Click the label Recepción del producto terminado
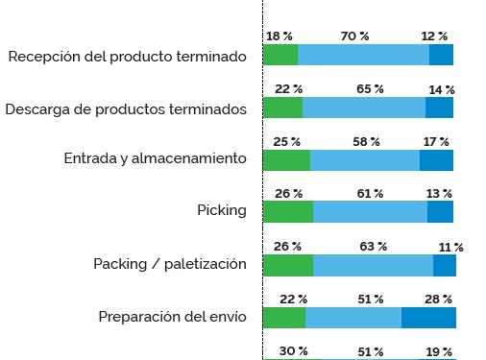click(x=127, y=57)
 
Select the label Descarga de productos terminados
click(x=127, y=108)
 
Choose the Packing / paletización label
click(x=170, y=263)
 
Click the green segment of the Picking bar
click(x=287, y=211)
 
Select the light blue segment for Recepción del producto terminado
click(x=363, y=55)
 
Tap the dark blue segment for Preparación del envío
click(x=428, y=317)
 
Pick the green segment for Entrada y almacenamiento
click(x=286, y=159)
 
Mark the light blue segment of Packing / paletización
click(x=373, y=264)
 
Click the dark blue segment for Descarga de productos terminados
click(x=439, y=108)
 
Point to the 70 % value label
click(x=354, y=36)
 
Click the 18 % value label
click(x=279, y=36)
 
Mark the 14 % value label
click(x=442, y=89)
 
